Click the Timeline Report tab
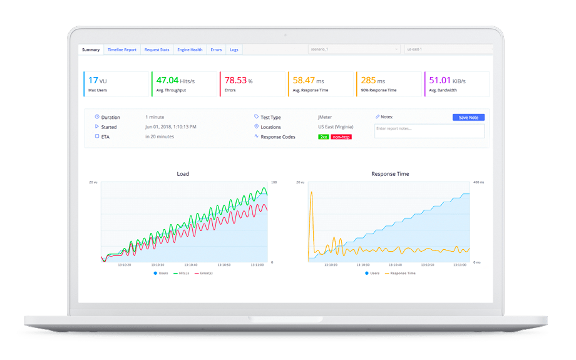click(x=121, y=49)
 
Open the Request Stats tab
click(x=157, y=49)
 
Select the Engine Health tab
click(x=190, y=49)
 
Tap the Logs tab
click(x=234, y=49)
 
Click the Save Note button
click(x=468, y=117)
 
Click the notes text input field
click(x=429, y=130)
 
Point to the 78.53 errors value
click(x=235, y=80)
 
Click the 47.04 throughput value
click(x=167, y=80)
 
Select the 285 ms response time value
click(x=368, y=80)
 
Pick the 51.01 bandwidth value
click(x=440, y=80)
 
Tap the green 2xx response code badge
click(x=323, y=136)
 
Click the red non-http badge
click(x=341, y=136)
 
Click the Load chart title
click(x=183, y=174)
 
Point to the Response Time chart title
click(x=390, y=174)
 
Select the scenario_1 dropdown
click(x=354, y=49)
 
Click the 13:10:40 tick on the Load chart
click(x=191, y=265)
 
